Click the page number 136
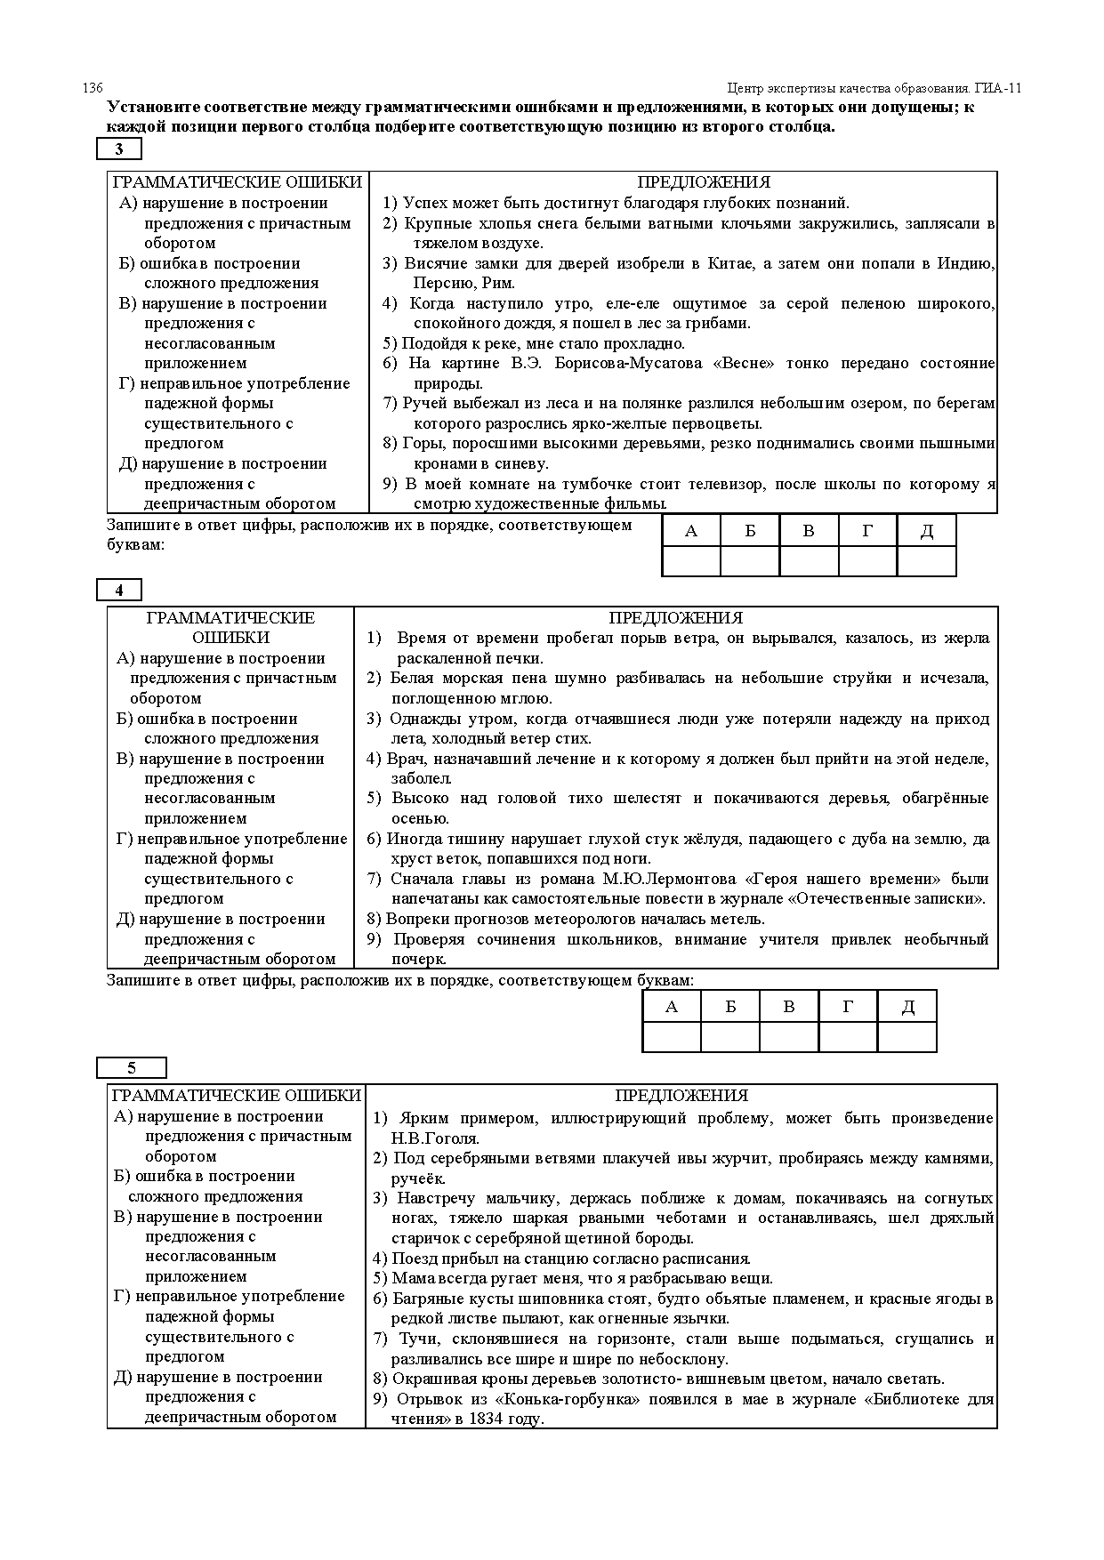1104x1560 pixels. (93, 88)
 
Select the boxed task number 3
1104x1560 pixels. (119, 149)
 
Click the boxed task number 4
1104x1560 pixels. (119, 590)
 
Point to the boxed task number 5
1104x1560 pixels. (131, 1068)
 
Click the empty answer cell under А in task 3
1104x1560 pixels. (691, 561)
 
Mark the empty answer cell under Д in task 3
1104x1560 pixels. (926, 561)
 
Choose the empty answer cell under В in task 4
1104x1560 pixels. (788, 1037)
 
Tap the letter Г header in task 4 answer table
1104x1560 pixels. (848, 1007)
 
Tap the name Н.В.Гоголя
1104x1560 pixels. (435, 1138)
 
